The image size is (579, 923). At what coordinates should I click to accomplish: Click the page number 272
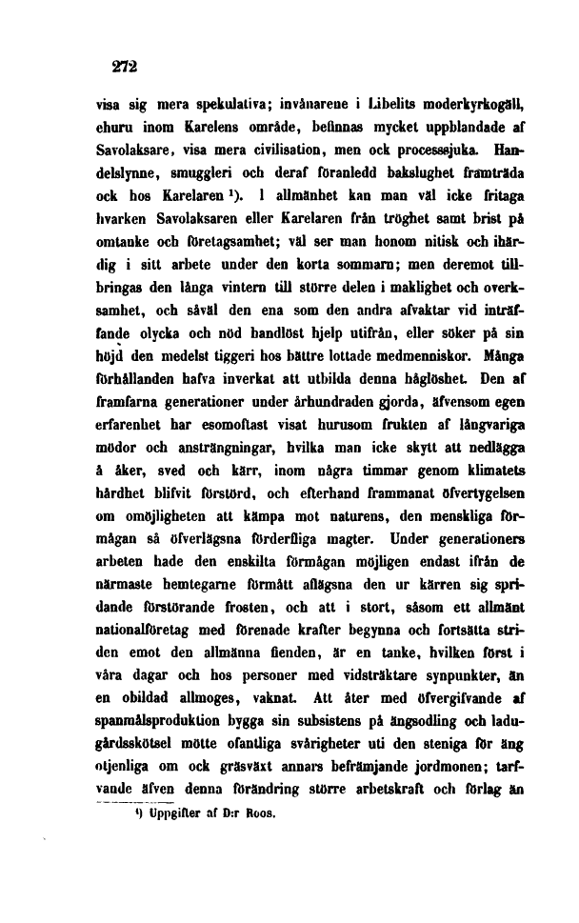point(124,69)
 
